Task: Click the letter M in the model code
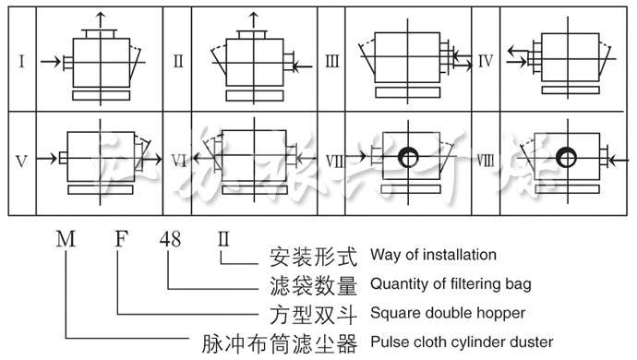point(66,241)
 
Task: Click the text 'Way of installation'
point(433,255)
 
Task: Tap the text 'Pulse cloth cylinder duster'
point(462,342)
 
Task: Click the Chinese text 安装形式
point(312,255)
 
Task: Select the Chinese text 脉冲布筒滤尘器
point(280,342)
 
